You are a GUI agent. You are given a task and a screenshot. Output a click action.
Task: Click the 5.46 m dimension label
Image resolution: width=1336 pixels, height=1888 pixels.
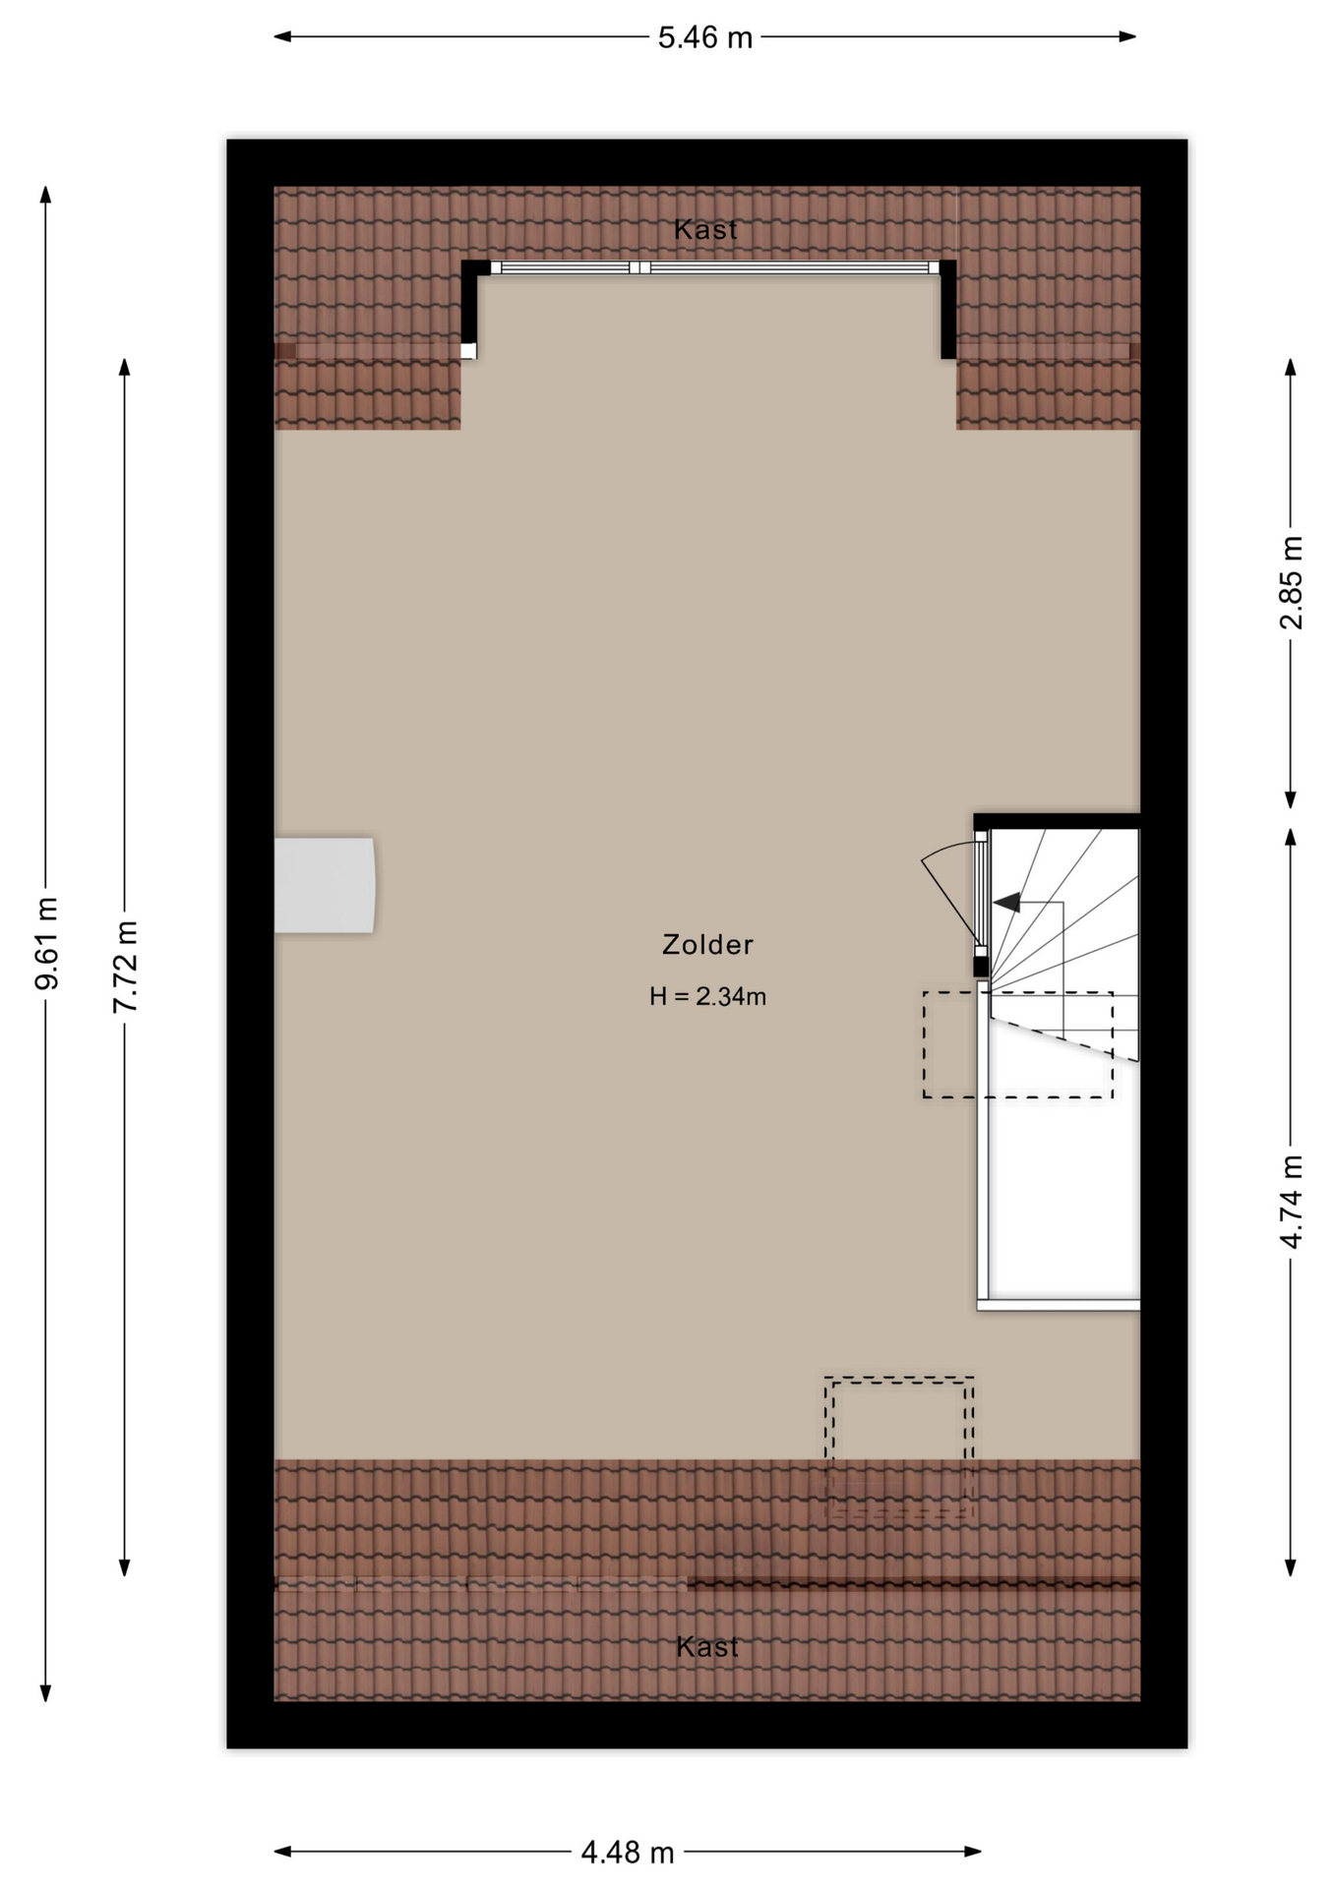[704, 37]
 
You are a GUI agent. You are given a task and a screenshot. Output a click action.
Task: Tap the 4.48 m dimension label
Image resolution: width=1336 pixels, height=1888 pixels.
[628, 1853]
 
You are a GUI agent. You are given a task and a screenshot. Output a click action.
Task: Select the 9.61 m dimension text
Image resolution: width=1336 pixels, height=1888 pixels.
[46, 943]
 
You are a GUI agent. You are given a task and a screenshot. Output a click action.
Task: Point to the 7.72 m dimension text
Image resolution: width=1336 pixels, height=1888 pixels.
[125, 968]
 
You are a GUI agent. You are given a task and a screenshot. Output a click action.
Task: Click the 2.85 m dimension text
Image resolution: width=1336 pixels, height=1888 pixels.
[1291, 583]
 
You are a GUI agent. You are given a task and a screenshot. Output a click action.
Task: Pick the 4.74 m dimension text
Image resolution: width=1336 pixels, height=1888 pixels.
[1291, 1202]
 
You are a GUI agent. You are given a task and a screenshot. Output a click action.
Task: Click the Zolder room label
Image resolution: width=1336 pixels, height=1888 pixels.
[707, 944]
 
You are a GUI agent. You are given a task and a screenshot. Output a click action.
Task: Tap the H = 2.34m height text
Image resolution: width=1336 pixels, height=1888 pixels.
[707, 996]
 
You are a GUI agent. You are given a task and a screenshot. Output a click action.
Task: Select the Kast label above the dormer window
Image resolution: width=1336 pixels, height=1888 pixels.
[705, 229]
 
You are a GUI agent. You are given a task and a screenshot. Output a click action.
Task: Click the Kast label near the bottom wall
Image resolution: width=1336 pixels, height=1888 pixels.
[707, 1646]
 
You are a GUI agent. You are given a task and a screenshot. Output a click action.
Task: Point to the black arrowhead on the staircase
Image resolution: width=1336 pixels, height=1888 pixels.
[1006, 902]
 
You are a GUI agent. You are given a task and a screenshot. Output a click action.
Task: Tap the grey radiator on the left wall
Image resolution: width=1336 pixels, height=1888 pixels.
[324, 885]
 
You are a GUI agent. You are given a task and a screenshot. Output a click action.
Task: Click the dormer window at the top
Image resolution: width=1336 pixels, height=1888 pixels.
[714, 267]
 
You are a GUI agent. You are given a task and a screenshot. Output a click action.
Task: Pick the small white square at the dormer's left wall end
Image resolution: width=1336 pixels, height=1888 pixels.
[468, 351]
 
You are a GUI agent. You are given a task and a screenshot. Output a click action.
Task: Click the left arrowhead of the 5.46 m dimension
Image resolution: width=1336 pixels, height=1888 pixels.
[283, 37]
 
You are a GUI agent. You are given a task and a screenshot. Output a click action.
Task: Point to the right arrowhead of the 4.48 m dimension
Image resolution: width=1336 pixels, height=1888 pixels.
[973, 1852]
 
